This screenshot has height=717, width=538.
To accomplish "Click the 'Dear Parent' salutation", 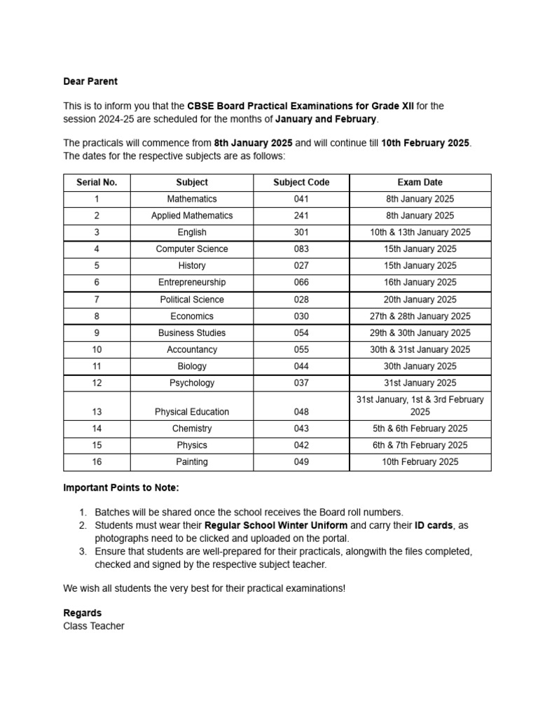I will pyautogui.click(x=90, y=82).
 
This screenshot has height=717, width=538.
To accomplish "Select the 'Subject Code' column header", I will pyautogui.click(x=301, y=182).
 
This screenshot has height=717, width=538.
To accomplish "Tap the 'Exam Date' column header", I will pyautogui.click(x=420, y=182).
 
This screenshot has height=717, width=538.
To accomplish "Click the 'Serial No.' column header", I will pyautogui.click(x=97, y=182).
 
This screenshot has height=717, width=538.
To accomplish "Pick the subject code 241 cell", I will pyautogui.click(x=301, y=216).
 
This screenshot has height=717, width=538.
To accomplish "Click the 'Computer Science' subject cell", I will pyautogui.click(x=192, y=249).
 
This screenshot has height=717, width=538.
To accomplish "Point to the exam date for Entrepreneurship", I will pyautogui.click(x=420, y=282).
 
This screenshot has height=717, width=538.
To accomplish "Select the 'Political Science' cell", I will pyautogui.click(x=192, y=299).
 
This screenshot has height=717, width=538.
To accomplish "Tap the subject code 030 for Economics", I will pyautogui.click(x=301, y=316).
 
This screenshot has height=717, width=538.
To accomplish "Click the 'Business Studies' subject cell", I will pyautogui.click(x=192, y=333).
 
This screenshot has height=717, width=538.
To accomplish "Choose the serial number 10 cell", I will pyautogui.click(x=97, y=349).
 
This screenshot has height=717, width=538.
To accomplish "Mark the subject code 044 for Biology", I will pyautogui.click(x=301, y=366).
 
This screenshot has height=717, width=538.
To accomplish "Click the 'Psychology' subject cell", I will pyautogui.click(x=192, y=383).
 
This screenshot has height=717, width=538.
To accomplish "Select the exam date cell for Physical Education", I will pyautogui.click(x=420, y=405).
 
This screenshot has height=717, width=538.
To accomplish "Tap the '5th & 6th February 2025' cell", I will pyautogui.click(x=420, y=429).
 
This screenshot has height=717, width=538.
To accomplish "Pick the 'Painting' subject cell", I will pyautogui.click(x=192, y=462).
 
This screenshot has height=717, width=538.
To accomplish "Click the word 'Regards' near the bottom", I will pyautogui.click(x=82, y=613).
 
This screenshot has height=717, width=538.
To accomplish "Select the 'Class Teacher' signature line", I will pyautogui.click(x=94, y=626).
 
